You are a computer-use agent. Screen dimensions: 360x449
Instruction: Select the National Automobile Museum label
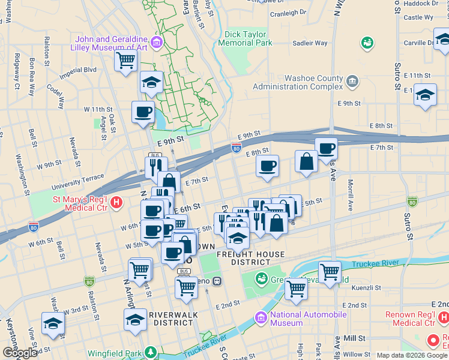tap(309, 319)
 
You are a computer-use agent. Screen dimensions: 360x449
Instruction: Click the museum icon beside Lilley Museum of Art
tap(157, 42)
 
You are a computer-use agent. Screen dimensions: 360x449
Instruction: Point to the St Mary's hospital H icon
tap(117, 203)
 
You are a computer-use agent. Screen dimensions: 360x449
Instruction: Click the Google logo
tap(19, 353)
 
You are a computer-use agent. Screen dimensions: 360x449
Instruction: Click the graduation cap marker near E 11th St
tap(426, 95)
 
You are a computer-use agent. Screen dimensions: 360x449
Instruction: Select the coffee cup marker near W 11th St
tap(143, 112)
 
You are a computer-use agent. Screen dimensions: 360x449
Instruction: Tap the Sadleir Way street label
tap(310, 43)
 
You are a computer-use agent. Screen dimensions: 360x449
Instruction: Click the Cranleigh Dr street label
tap(288, 13)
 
